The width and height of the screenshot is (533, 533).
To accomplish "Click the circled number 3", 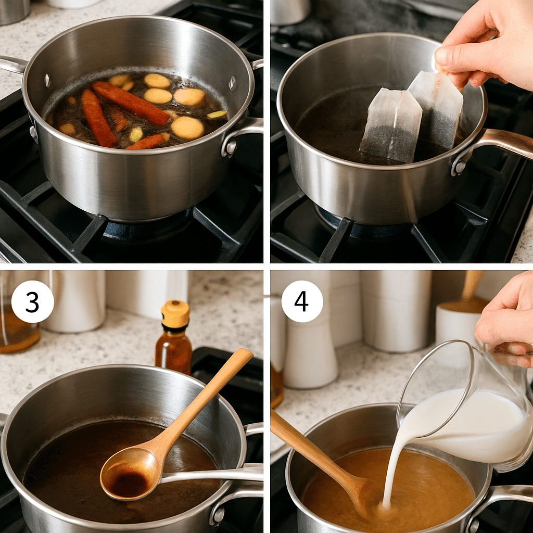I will point(32,302).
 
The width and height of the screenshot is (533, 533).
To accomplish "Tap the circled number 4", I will point(302,302).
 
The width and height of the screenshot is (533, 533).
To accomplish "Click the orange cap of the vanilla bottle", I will point(175,314).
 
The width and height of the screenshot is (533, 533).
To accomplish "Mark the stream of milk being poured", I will point(391,468).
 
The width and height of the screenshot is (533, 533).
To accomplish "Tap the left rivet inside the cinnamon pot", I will point(46,80).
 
